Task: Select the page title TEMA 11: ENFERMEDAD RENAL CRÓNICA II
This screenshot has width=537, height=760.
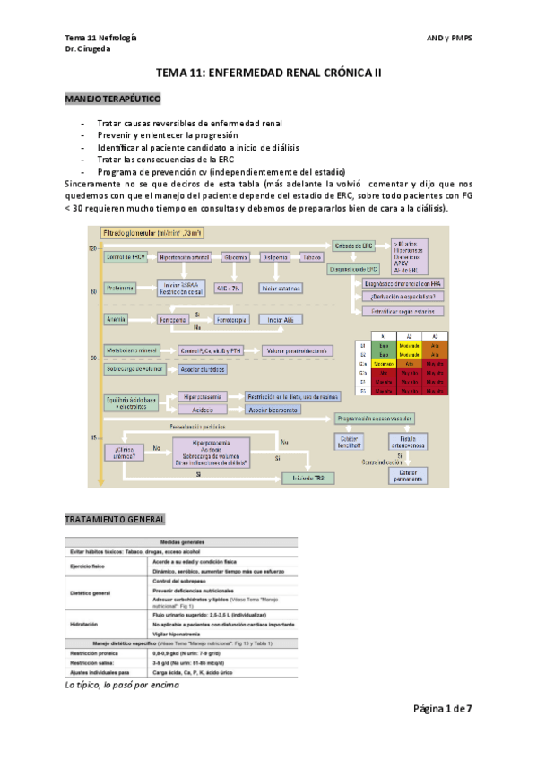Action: point(269,75)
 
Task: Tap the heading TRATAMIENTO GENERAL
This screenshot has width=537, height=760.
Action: point(115,519)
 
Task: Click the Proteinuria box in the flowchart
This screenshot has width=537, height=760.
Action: point(120,288)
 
